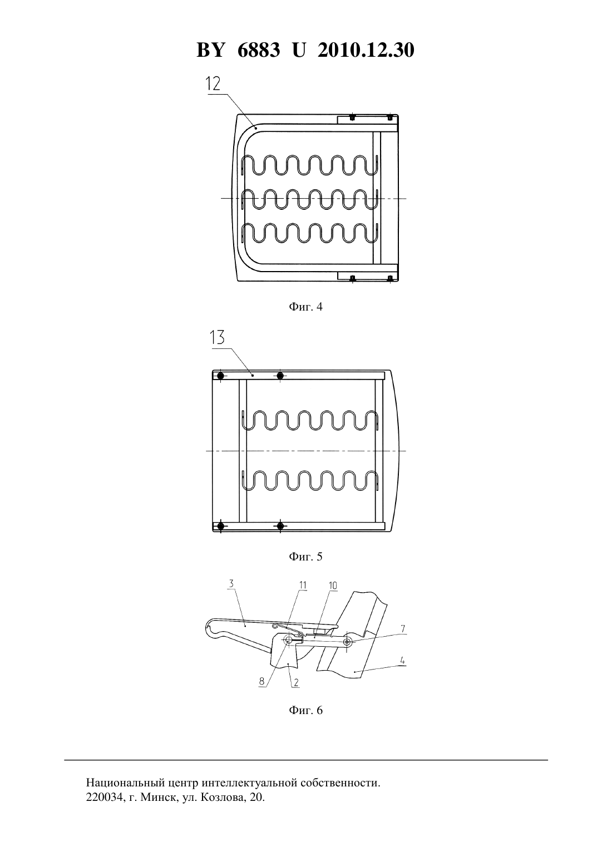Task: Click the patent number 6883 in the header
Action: click(259, 50)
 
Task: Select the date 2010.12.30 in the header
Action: click(366, 50)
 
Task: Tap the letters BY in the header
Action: click(210, 50)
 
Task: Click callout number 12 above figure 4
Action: click(213, 83)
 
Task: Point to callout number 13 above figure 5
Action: click(218, 337)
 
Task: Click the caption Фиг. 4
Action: click(305, 307)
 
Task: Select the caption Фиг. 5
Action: click(305, 557)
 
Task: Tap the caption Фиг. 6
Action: click(305, 710)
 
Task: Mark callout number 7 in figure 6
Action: click(403, 628)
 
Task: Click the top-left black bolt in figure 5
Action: click(221, 376)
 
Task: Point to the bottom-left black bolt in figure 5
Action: click(221, 526)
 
